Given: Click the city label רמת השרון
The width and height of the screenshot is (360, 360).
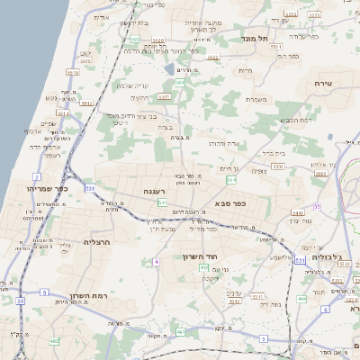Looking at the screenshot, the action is point(86,294).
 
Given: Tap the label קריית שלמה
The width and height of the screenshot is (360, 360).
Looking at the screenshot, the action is point(132,85).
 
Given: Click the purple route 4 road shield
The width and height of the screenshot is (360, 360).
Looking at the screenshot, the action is point(156,261).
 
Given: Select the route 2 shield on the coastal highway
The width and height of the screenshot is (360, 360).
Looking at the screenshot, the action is point(37,175).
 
